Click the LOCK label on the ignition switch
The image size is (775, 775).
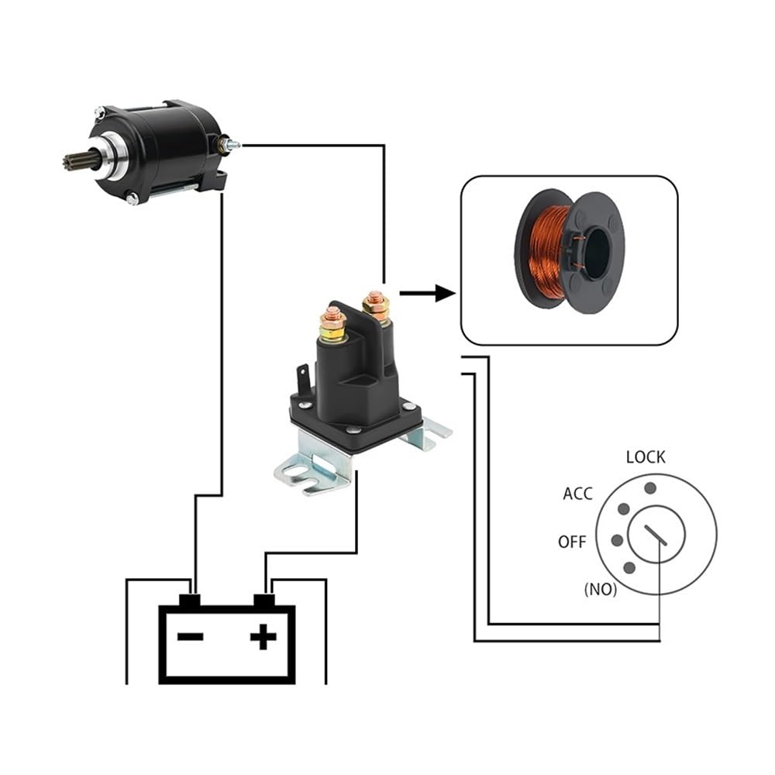(x=645, y=456)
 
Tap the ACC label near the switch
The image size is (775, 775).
(x=577, y=494)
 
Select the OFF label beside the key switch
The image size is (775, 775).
(x=573, y=542)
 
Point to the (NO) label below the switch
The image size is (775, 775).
(x=600, y=589)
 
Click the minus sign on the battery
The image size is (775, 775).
(x=191, y=637)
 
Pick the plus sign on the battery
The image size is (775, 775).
(x=263, y=637)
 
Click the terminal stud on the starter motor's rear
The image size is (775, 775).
(x=231, y=144)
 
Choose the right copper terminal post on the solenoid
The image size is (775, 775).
(x=376, y=305)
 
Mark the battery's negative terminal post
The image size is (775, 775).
(x=191, y=600)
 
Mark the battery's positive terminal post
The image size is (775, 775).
(x=265, y=600)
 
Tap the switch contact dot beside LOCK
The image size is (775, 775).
(x=650, y=488)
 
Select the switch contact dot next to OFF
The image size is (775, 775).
(x=616, y=540)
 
